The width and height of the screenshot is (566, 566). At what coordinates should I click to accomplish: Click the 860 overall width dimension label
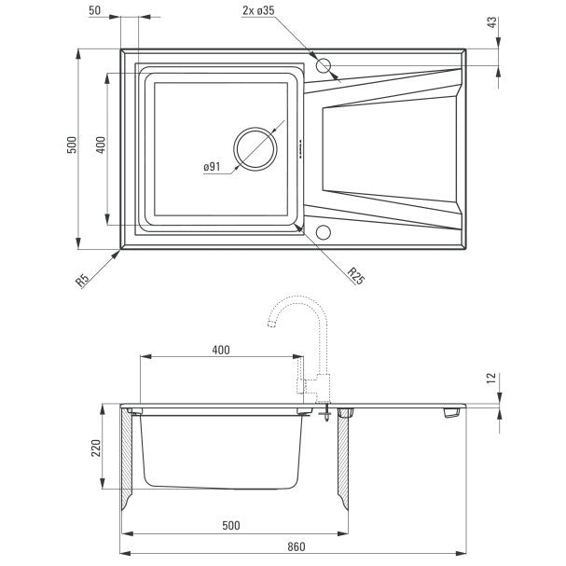tap(296, 546)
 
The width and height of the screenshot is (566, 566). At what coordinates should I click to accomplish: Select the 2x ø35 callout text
tap(258, 10)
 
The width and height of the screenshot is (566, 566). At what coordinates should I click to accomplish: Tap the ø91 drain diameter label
tap(212, 167)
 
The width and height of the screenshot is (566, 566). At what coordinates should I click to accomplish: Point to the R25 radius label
tap(355, 276)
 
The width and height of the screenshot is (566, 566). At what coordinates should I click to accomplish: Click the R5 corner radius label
tap(82, 281)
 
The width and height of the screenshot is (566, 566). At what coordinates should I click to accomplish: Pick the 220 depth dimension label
tap(96, 448)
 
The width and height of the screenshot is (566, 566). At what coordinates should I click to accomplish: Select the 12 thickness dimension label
tap(491, 378)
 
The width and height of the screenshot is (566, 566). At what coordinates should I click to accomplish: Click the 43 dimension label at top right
tap(491, 22)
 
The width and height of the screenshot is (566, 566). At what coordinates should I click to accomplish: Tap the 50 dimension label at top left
tap(94, 10)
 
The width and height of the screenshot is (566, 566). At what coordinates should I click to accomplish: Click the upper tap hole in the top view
tap(323, 65)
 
